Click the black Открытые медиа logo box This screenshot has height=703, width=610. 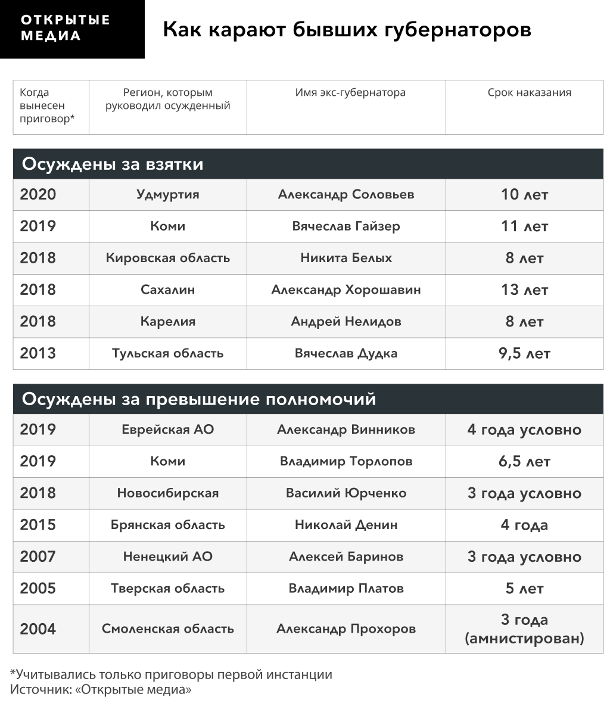(x=72, y=29)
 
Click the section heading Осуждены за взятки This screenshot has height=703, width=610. (x=113, y=164)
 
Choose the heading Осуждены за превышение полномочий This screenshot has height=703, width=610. (x=199, y=399)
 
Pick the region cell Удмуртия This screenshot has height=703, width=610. (x=167, y=195)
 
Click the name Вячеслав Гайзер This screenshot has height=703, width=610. (x=346, y=226)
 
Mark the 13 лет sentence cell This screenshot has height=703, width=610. (x=524, y=290)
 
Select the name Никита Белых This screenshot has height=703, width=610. (x=346, y=258)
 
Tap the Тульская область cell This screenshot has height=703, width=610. (x=167, y=353)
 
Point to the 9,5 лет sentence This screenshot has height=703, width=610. (x=524, y=353)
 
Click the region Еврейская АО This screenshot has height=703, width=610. (x=167, y=430)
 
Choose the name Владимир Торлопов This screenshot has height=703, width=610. (x=346, y=462)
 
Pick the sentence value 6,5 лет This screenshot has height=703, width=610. (x=524, y=462)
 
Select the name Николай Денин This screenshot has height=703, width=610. (x=346, y=525)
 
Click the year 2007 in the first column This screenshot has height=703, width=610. (x=38, y=557)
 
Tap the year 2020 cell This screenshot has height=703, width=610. (x=38, y=195)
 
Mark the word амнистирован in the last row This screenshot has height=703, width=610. (x=524, y=639)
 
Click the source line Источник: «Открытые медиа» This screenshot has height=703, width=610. (x=101, y=690)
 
